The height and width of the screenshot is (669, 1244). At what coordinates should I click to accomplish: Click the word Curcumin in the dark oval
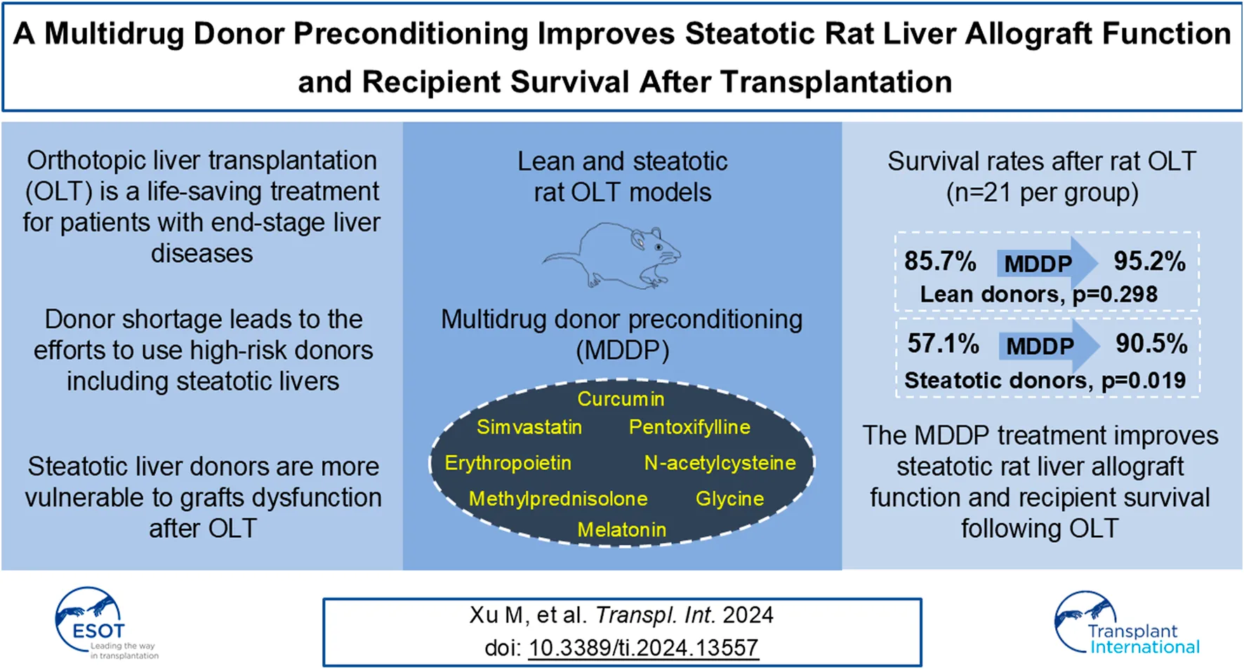621,399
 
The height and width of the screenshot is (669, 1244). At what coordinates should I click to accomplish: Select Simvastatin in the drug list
529,427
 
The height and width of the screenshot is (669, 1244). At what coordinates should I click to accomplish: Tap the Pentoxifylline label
689,427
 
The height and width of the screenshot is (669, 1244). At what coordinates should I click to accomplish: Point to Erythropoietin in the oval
508,463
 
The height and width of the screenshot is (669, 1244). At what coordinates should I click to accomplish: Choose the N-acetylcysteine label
720,463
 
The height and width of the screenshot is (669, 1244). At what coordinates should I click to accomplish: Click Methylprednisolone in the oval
558,499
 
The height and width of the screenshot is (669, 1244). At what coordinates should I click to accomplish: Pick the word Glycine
729,499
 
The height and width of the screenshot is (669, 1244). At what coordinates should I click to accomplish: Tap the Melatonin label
621,529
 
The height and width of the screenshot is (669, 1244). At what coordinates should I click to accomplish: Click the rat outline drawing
614,256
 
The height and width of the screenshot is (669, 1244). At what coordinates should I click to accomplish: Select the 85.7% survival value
940,262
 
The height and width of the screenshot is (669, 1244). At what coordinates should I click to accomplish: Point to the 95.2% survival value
1149,262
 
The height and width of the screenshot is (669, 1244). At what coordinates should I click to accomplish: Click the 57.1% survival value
943,344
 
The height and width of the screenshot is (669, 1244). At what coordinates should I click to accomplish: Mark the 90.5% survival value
1151,344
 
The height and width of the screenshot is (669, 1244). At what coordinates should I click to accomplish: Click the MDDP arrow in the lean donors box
1044,264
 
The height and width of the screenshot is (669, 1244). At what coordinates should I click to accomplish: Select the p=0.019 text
1144,381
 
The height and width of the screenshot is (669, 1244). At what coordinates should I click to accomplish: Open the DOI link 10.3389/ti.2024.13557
643,647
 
